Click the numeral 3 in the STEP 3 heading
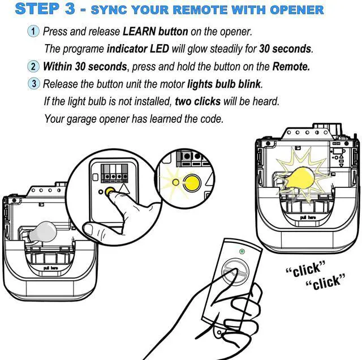70,9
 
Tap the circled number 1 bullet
33,31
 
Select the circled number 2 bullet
33,66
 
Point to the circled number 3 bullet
34,83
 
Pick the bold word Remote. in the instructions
291,67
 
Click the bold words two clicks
197,101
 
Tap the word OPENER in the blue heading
296,10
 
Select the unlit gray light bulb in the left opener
43,232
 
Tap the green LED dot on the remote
242,251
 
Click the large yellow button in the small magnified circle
192,183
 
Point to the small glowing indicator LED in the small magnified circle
176,182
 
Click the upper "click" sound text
305,269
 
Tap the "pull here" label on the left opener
51,268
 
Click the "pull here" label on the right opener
308,217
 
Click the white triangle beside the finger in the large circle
124,188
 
